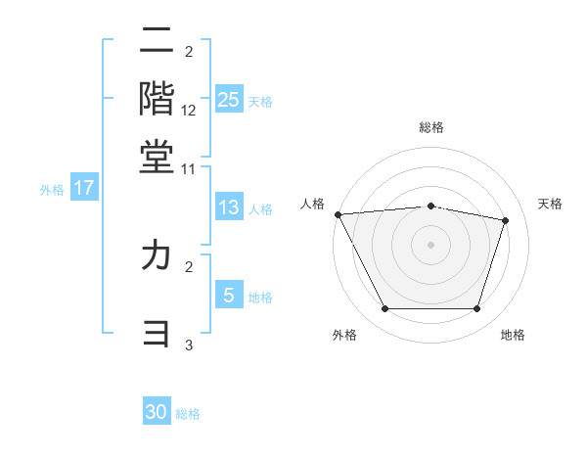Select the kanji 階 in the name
157,98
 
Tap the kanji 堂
157,155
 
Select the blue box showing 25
228,100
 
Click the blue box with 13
228,207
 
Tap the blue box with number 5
228,296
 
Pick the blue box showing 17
84,188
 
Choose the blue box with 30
157,412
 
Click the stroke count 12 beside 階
189,111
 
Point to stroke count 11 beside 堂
189,168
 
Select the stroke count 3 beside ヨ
189,345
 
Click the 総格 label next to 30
189,414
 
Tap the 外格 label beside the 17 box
52,190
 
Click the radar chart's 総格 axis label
431,127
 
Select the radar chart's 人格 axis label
313,204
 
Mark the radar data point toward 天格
506,220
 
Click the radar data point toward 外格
384,309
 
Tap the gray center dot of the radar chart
431,244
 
